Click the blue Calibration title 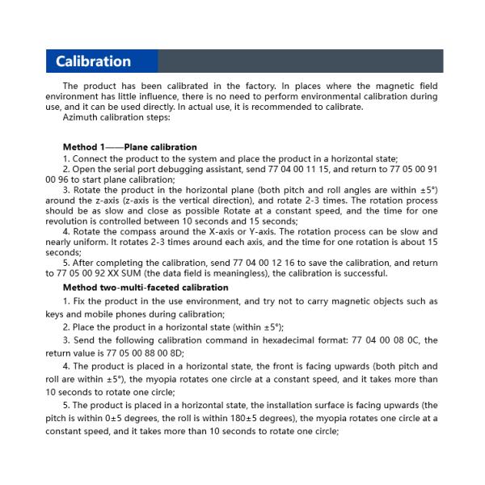tap(93, 61)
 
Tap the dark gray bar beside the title tap(299, 61)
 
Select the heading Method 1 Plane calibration tap(129, 147)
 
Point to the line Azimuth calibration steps tap(116, 117)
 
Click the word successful tap(365, 273)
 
